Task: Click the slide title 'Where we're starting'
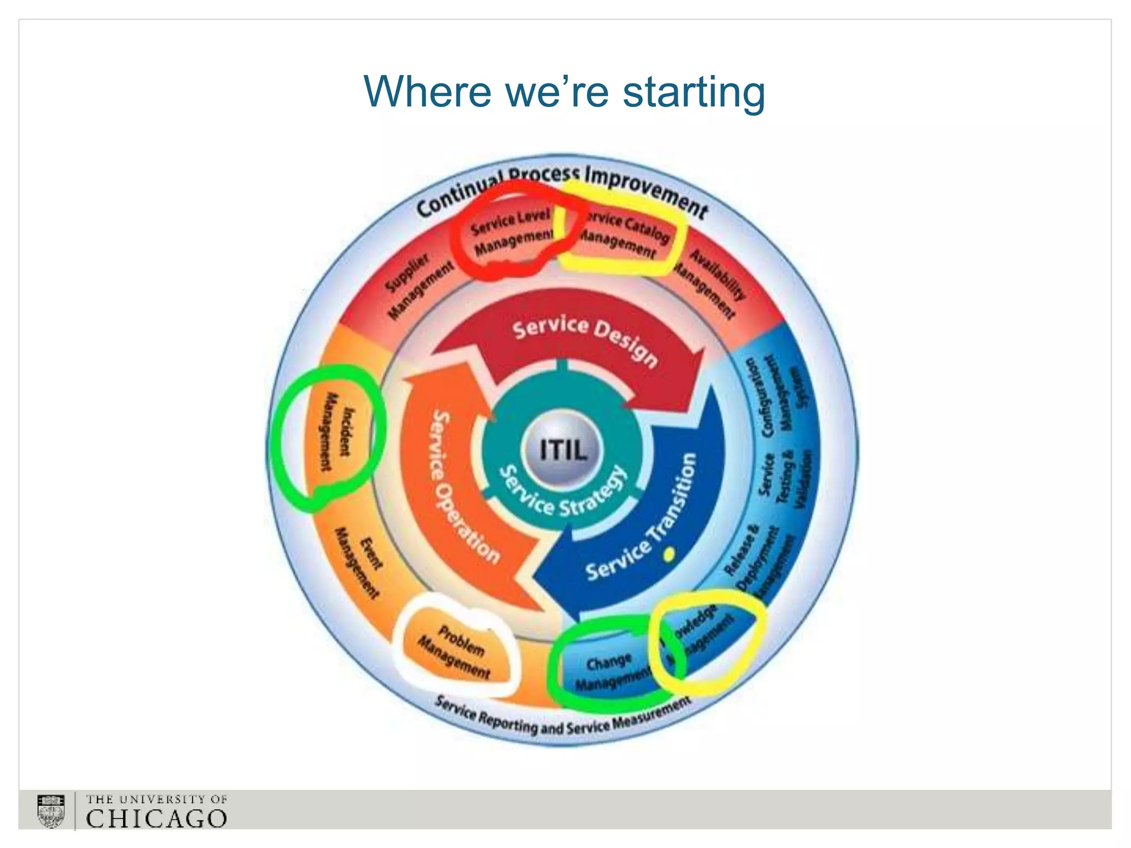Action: [x=564, y=92]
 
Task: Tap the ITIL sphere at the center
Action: [x=563, y=451]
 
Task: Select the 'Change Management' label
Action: [x=611, y=671]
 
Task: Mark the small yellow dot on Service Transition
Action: [x=669, y=554]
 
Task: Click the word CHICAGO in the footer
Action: [x=156, y=818]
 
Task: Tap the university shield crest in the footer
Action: [x=51, y=810]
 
